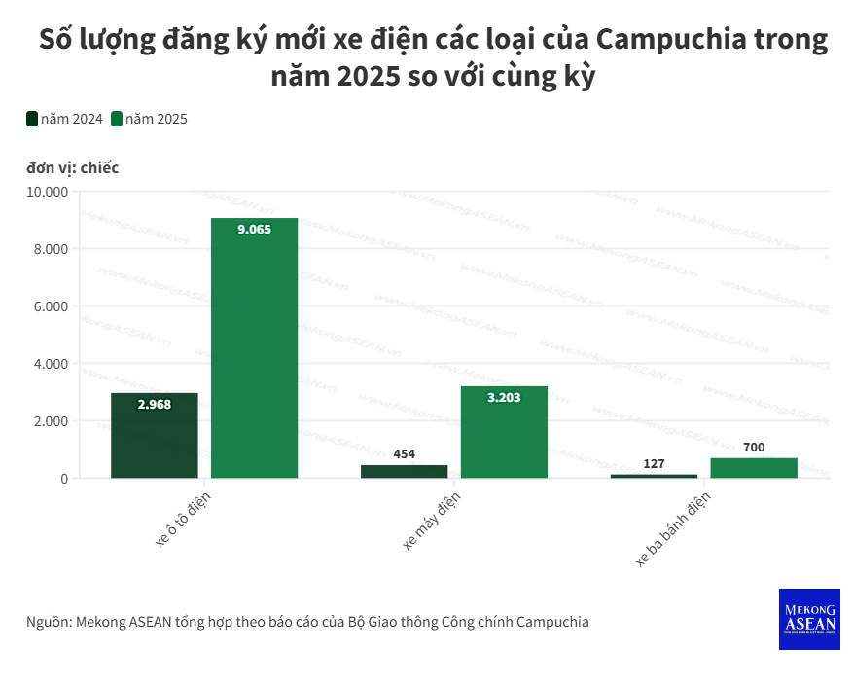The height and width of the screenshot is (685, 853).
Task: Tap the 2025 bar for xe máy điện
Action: tap(504, 432)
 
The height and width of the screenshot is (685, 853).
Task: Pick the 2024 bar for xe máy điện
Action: tap(404, 471)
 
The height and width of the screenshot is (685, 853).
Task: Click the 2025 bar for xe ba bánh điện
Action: tap(754, 468)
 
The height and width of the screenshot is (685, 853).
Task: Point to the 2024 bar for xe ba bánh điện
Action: tap(654, 476)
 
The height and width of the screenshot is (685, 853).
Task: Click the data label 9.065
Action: tap(254, 230)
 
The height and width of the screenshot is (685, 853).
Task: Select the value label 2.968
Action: tap(154, 404)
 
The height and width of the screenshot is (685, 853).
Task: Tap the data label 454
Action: tap(404, 453)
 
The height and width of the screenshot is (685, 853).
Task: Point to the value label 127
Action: tap(654, 463)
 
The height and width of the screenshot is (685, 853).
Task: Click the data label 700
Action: tap(754, 447)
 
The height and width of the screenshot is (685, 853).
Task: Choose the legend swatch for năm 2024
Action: tap(32, 119)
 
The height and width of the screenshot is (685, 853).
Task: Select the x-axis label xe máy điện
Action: tap(431, 521)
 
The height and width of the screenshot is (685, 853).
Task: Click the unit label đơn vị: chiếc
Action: tap(73, 167)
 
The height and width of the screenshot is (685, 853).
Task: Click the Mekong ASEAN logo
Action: tap(808, 619)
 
